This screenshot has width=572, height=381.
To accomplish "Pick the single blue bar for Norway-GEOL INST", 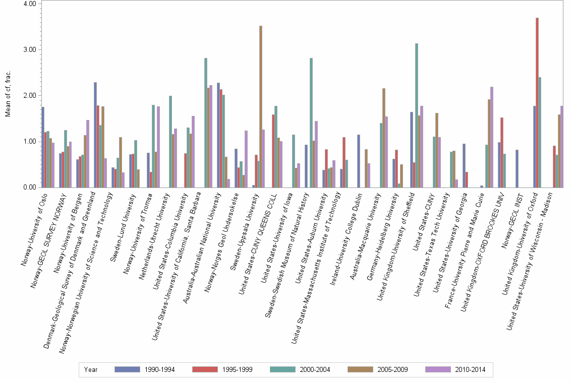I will point(517,169).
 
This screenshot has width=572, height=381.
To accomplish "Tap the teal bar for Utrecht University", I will point(170,142).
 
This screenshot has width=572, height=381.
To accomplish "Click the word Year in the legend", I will point(91,369).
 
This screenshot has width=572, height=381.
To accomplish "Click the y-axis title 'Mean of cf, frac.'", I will point(8,95).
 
